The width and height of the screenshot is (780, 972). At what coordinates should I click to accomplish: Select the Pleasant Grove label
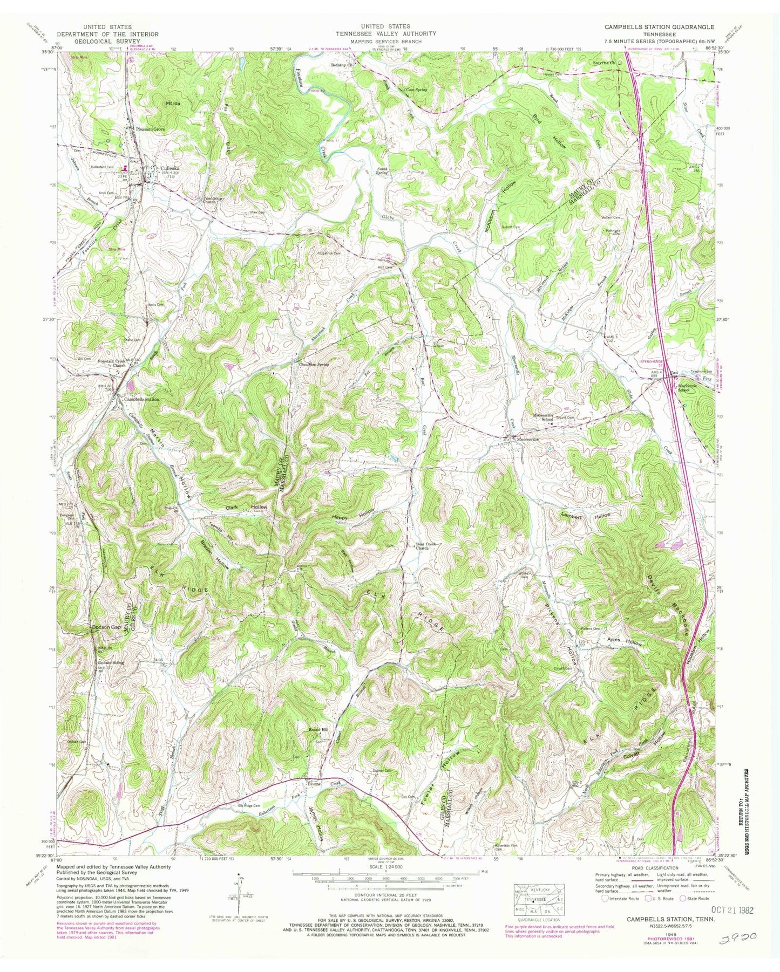click(x=150, y=130)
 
